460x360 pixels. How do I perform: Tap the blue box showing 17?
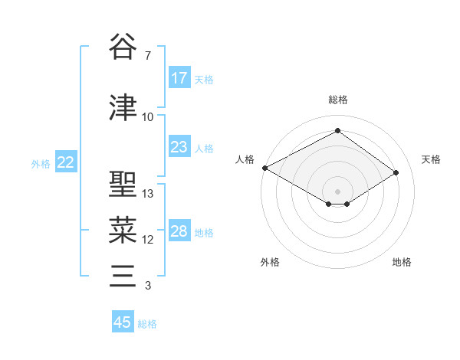pos(179,78)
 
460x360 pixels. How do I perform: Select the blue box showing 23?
pos(179,147)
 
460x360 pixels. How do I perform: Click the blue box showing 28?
pos(179,231)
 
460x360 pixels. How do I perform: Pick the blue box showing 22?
pos(66,162)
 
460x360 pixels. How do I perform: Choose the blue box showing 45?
pos(123,322)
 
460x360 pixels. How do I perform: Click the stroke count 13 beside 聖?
pos(148,194)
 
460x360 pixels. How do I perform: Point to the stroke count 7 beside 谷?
pos(147,56)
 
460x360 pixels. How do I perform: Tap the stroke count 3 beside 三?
pos(147,286)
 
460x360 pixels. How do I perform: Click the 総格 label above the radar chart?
pos(337,100)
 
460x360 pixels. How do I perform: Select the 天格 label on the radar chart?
pos(431,159)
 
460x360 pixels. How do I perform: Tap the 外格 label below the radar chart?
pos(270,262)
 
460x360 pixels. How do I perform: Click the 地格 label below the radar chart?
pos(402,262)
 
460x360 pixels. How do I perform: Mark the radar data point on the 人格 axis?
pos(264,168)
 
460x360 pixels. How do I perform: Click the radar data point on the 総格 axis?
pos(337,130)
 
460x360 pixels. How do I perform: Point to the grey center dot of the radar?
pos(337,191)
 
